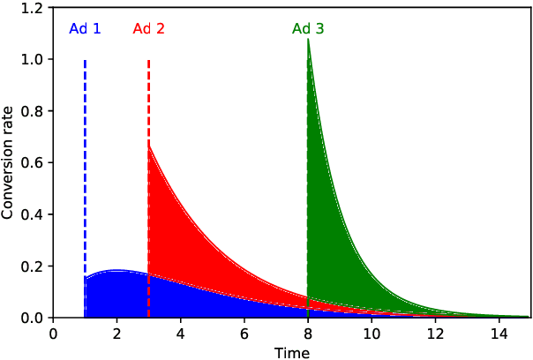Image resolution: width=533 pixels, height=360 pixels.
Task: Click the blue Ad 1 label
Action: pos(85,28)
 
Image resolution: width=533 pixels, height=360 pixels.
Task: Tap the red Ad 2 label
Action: pos(148,28)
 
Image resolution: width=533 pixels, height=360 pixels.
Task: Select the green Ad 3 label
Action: pos(308,28)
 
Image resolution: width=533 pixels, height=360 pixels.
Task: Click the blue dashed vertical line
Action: pos(85,176)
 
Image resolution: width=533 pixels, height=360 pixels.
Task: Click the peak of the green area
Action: pos(308,40)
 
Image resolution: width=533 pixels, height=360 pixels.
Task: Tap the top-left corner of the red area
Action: pos(150,146)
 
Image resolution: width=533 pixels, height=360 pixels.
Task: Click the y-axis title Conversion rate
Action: pos(8,163)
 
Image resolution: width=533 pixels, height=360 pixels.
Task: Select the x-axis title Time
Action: pos(291,352)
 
